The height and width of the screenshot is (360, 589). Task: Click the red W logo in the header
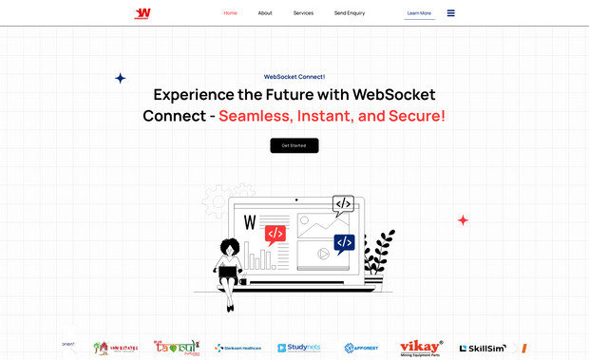pyautogui.click(x=142, y=13)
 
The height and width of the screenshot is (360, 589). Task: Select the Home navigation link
pyautogui.click(x=230, y=13)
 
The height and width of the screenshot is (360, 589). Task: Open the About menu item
pyautogui.click(x=265, y=13)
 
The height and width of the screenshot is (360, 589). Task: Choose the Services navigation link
pyautogui.click(x=303, y=13)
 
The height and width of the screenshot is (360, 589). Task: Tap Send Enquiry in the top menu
pyautogui.click(x=350, y=13)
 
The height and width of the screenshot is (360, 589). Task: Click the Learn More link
pyautogui.click(x=419, y=13)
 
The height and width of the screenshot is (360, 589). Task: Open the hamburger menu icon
pyautogui.click(x=450, y=13)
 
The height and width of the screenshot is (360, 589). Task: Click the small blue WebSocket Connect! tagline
pyautogui.click(x=294, y=76)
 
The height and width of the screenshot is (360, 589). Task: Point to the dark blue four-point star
pyautogui.click(x=120, y=78)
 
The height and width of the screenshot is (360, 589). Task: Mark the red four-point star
pyautogui.click(x=463, y=220)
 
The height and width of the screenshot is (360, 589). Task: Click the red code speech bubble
pyautogui.click(x=275, y=234)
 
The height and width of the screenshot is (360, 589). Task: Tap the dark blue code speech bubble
pyautogui.click(x=344, y=243)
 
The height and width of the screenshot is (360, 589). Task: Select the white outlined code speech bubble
pyautogui.click(x=343, y=203)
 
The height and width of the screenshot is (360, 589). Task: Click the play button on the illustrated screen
pyautogui.click(x=323, y=253)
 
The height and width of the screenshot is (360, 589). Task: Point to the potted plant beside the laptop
pyautogui.click(x=380, y=255)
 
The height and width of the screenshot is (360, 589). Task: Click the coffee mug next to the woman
pyautogui.click(x=242, y=282)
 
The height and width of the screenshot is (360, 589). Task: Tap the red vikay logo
pyautogui.click(x=421, y=347)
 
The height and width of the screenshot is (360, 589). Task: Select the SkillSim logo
pyautogui.click(x=483, y=349)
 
